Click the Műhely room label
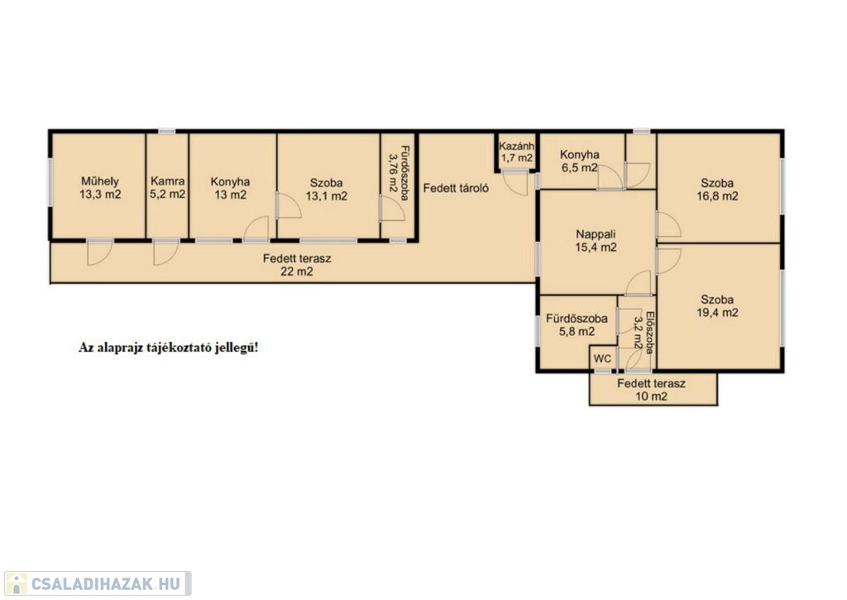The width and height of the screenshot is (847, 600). click(100, 188)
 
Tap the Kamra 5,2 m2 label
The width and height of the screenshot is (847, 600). click(167, 188)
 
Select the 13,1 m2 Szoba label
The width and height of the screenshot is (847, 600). click(326, 190)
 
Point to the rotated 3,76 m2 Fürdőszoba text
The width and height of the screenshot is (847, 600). click(399, 173)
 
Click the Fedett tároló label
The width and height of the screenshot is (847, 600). click(456, 188)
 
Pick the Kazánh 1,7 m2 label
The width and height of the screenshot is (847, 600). click(516, 152)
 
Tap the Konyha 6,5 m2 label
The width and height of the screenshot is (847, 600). click(579, 161)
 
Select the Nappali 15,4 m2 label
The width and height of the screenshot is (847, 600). click(596, 241)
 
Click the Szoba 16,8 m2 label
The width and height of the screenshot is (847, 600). click(717, 190)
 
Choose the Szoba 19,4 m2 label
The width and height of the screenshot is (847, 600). click(717, 306)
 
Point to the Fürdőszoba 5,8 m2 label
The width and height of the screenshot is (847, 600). click(577, 325)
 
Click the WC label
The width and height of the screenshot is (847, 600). click(602, 359)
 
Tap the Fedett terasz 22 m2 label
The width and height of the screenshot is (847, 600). click(297, 265)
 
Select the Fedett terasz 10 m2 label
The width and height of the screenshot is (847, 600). click(652, 390)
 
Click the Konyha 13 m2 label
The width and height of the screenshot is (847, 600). click(230, 188)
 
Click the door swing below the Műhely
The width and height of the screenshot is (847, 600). click(99, 252)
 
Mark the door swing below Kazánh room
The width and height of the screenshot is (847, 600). click(514, 183)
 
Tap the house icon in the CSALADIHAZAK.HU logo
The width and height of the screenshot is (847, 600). click(16, 583)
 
